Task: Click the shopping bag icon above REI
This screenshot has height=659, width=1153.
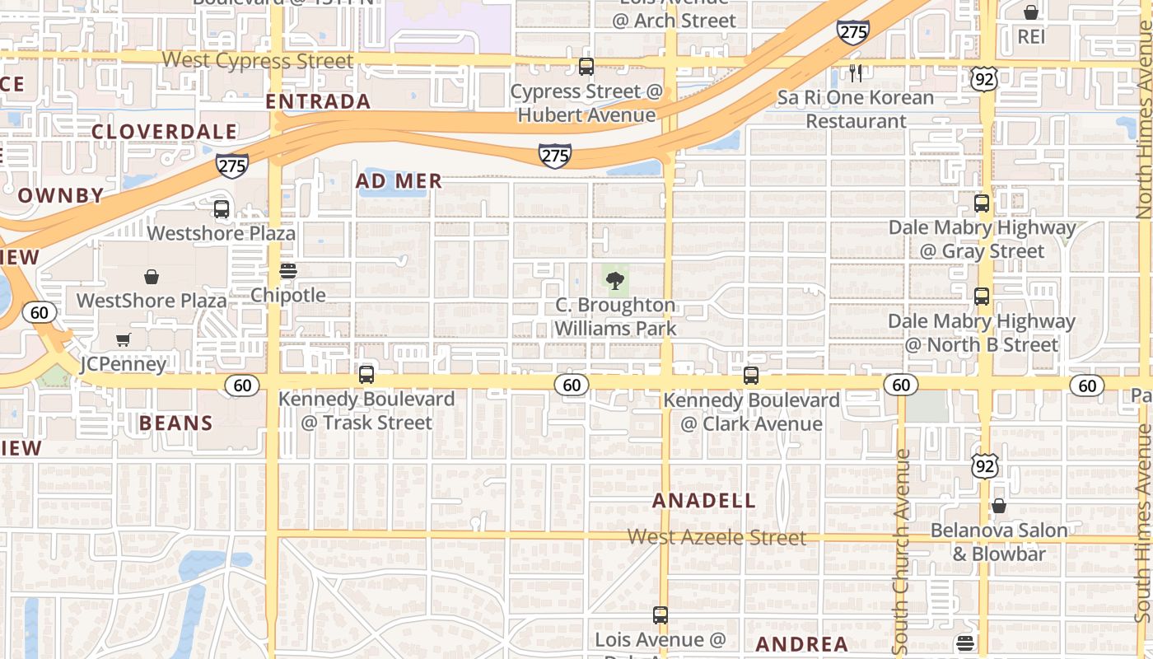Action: coord(1030,12)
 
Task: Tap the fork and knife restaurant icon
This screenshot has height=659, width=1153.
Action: coord(856,73)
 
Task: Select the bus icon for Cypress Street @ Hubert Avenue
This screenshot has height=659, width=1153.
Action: coord(586,67)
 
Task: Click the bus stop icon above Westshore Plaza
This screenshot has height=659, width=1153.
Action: coord(222,209)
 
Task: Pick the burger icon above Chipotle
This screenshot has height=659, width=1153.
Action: coord(287,270)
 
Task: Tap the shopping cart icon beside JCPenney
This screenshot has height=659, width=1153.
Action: coord(124,340)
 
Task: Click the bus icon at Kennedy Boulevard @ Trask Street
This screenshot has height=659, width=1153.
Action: coord(366,375)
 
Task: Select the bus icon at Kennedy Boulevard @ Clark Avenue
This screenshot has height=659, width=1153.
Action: coord(751,376)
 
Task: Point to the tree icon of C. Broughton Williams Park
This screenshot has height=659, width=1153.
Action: coord(614,281)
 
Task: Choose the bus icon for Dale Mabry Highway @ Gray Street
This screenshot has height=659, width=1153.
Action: coord(982,203)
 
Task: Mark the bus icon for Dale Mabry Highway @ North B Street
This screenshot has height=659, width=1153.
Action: coord(982,297)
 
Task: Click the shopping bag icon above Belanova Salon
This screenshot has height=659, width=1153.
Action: coord(999,506)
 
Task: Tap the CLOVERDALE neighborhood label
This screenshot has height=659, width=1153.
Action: coord(165,132)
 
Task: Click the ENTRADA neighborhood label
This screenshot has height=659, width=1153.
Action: coord(318,101)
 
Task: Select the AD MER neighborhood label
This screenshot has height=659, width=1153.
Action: coord(399,181)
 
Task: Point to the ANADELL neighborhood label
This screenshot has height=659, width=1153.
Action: coord(704,501)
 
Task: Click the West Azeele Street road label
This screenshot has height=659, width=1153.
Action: coord(717,537)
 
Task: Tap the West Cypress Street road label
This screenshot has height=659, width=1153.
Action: coord(258,61)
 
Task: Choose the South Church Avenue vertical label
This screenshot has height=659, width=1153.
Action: coord(901,547)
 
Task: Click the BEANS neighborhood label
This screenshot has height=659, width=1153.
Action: coord(176,423)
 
